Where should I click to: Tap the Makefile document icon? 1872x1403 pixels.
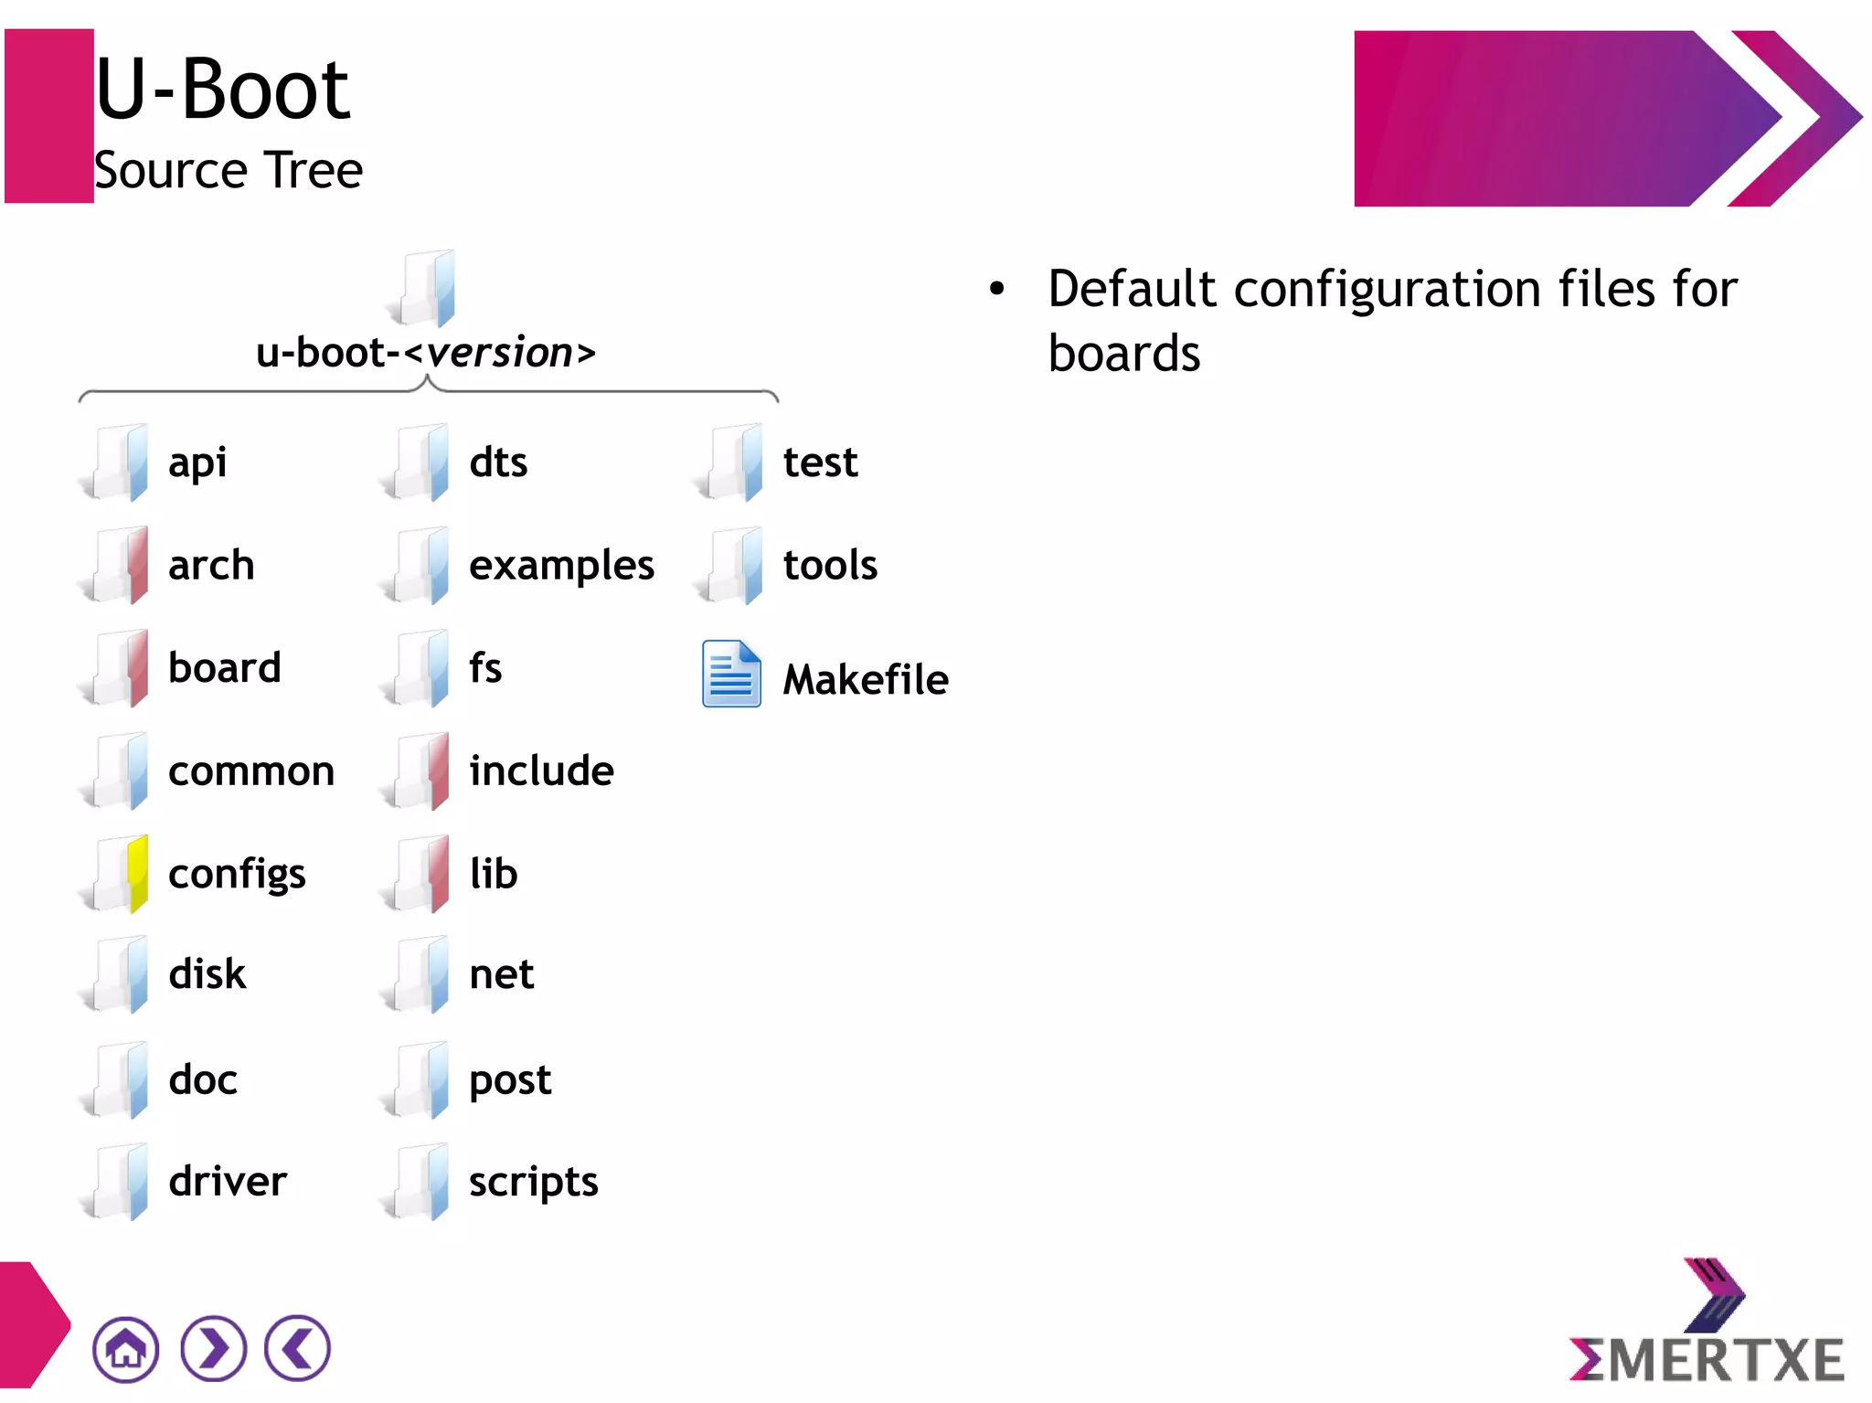tap(731, 675)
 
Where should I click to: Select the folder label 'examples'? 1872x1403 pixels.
tap(561, 565)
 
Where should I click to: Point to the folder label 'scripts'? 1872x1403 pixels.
tap(533, 1182)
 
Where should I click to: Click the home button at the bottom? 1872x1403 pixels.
tap(125, 1349)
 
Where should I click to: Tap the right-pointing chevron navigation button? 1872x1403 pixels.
tap(213, 1349)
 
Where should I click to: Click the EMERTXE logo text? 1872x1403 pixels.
tap(1707, 1360)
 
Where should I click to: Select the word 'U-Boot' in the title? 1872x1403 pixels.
tap(222, 89)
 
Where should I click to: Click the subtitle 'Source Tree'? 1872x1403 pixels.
tap(229, 170)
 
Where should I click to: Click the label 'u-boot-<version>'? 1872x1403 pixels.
tap(426, 353)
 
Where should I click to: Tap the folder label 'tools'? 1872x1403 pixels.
tap(830, 565)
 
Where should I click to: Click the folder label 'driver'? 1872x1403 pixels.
tap(228, 1181)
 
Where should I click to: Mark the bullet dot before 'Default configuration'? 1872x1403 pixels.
tap(996, 290)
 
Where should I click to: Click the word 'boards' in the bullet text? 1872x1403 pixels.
tap(1123, 354)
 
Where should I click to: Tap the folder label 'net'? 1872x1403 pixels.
tap(501, 974)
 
